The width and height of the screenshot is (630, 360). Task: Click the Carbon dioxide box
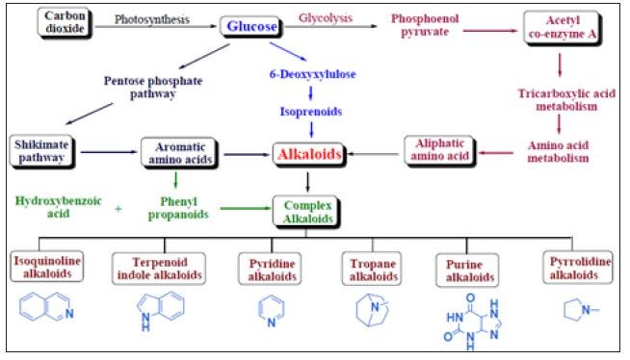point(65,22)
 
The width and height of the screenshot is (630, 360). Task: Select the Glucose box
point(251,27)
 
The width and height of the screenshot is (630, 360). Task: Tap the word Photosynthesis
point(152,19)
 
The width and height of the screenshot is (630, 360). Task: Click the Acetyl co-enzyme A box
point(563,27)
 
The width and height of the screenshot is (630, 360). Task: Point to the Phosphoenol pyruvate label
point(425,25)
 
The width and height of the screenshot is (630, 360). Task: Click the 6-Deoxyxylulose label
point(312,74)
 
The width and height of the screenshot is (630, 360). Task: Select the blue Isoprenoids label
point(311,112)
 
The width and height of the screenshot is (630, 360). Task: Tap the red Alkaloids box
point(309,155)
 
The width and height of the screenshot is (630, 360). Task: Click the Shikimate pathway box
point(41,151)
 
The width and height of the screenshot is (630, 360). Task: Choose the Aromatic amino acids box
point(179,153)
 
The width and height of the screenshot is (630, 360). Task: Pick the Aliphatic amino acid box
point(440,150)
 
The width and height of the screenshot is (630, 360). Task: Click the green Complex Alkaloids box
point(307,212)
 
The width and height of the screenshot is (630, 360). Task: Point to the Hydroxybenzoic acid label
point(58,207)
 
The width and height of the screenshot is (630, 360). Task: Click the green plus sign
point(118,209)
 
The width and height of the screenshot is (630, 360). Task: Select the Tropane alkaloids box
point(373,270)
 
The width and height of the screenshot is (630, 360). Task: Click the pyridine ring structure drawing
point(272,312)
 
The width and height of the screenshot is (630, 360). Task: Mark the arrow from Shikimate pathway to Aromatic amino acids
point(109,152)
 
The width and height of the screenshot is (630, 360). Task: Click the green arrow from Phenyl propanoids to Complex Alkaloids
point(246,208)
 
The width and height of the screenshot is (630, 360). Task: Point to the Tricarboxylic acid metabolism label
point(566,100)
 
